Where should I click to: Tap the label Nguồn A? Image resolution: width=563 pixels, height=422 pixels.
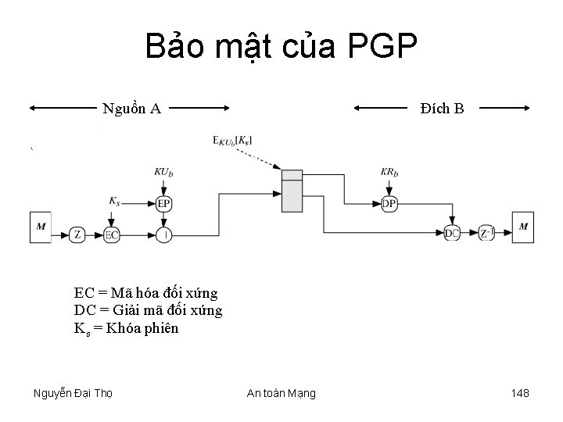click(x=132, y=109)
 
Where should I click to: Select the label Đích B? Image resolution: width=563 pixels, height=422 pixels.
click(x=441, y=109)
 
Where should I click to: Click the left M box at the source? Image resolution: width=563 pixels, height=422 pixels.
click(x=41, y=227)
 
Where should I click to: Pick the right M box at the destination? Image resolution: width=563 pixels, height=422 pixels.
click(x=522, y=227)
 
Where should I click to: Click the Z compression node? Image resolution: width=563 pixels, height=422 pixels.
click(x=77, y=233)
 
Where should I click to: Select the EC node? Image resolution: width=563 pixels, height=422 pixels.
click(x=112, y=233)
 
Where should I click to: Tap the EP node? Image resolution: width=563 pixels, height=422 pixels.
click(x=163, y=204)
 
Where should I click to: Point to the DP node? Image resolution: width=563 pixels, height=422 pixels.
click(x=389, y=204)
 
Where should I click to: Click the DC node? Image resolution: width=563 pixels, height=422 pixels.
click(x=452, y=232)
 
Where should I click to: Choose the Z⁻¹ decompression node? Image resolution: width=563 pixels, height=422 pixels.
click(x=486, y=232)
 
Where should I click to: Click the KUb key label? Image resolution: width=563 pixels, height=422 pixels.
click(x=163, y=172)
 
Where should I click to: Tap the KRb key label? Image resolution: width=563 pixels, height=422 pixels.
click(x=389, y=172)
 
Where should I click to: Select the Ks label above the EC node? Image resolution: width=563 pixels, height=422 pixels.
click(x=115, y=201)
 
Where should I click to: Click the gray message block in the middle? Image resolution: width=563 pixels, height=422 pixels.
click(x=292, y=190)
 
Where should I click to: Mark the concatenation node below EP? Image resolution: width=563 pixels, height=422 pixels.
click(x=163, y=233)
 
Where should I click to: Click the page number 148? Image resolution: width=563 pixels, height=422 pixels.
click(x=519, y=392)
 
